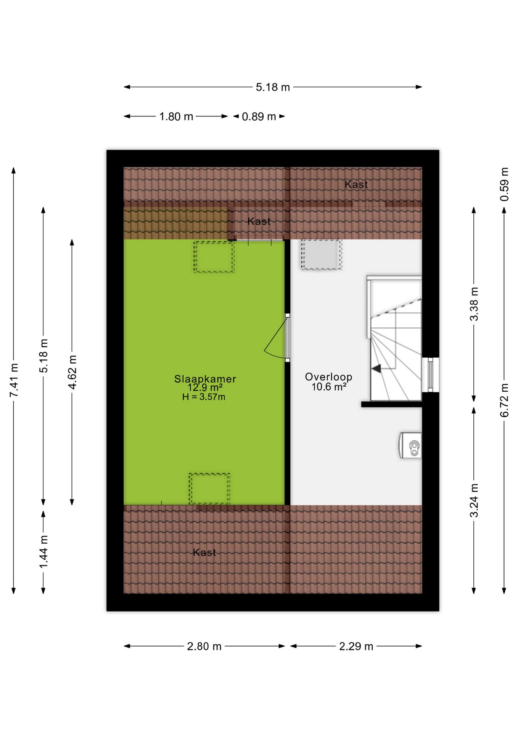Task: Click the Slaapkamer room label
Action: coord(205,379)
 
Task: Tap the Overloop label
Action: coord(328,377)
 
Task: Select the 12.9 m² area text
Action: coord(205,387)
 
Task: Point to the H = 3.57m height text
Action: coord(204,397)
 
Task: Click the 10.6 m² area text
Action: coord(329,387)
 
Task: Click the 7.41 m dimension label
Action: coord(14,380)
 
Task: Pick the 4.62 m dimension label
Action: coord(72,372)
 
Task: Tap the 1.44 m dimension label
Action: coord(43,551)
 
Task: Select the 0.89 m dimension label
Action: coord(259,116)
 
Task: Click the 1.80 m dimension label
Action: coord(176,116)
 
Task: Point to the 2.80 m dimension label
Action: coord(204,646)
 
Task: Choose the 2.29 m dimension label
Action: coord(356,646)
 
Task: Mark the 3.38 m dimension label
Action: coord(474,304)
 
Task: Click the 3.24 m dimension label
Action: coord(474,501)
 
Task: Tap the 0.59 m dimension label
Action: coord(504,184)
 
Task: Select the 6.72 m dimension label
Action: coord(504,400)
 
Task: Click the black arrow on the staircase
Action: coord(376,368)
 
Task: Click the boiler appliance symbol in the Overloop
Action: coord(411,445)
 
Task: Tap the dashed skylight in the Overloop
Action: coord(321,255)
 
